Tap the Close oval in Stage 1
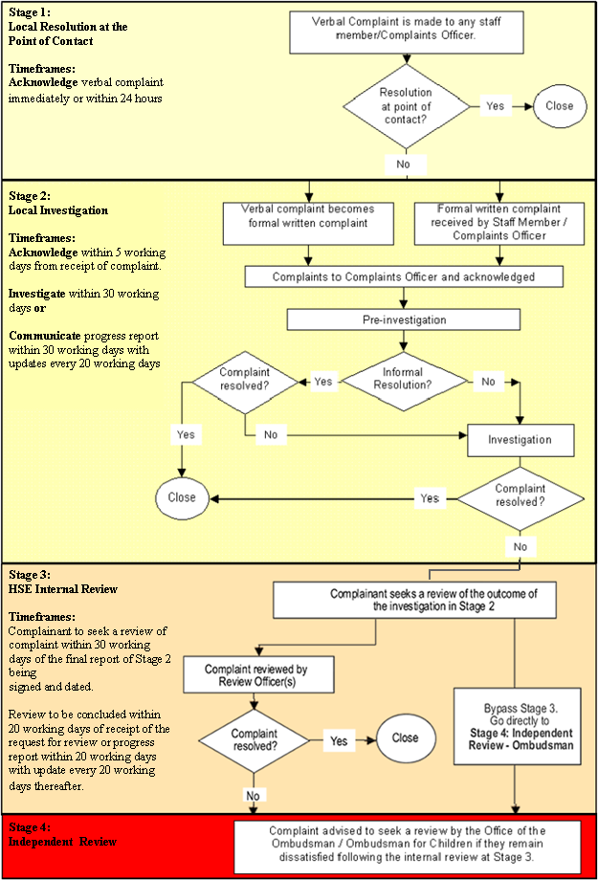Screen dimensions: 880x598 pos(559,105)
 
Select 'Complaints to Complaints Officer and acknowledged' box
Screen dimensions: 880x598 pos(403,276)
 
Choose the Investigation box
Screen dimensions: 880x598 pos(520,439)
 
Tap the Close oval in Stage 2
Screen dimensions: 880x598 pos(182,497)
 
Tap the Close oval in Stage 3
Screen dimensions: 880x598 pos(405,737)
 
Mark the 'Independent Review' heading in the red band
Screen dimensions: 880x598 pos(63,841)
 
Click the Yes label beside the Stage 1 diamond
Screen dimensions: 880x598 pos(495,105)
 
